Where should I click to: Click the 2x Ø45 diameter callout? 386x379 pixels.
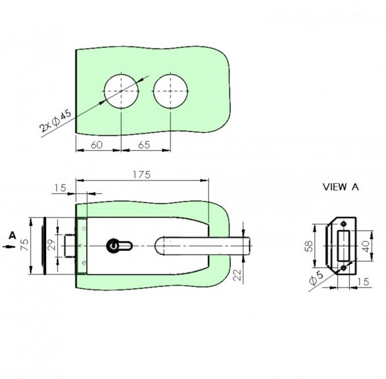[x=56, y=121]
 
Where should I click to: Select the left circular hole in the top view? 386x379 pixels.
[x=121, y=91]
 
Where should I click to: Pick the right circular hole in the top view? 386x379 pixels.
[x=170, y=91]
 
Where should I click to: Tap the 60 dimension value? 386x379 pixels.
[x=97, y=145]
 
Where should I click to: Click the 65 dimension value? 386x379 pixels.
[x=144, y=145]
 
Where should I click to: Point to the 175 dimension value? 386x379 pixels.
[x=141, y=175]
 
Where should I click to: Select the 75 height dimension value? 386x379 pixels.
[x=25, y=245]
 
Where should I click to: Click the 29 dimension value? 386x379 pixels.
[x=52, y=245]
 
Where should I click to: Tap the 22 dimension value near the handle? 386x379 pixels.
[x=237, y=275]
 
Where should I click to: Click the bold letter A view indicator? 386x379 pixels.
[x=12, y=236]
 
